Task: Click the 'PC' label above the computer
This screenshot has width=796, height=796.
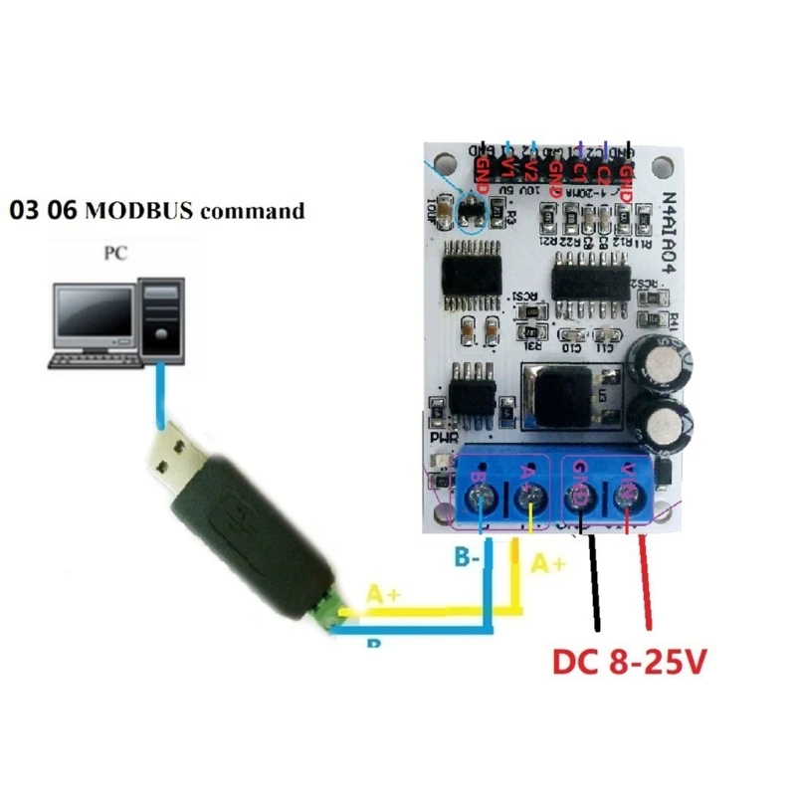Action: point(116,253)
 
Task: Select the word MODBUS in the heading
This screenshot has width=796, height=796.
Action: point(139,211)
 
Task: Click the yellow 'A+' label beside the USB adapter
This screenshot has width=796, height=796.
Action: point(384,594)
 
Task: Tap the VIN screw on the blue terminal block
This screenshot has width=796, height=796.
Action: point(628,495)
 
